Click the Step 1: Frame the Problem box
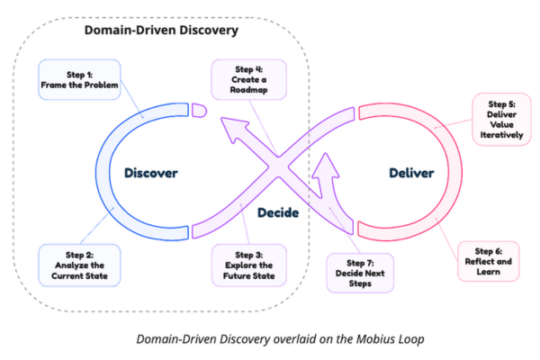pyautogui.click(x=79, y=79)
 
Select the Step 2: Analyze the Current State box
pyautogui.click(x=76, y=262)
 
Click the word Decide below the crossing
pyautogui.click(x=278, y=213)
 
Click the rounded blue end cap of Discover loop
pyautogui.click(x=199, y=110)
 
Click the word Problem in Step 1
pyautogui.click(x=98, y=85)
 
